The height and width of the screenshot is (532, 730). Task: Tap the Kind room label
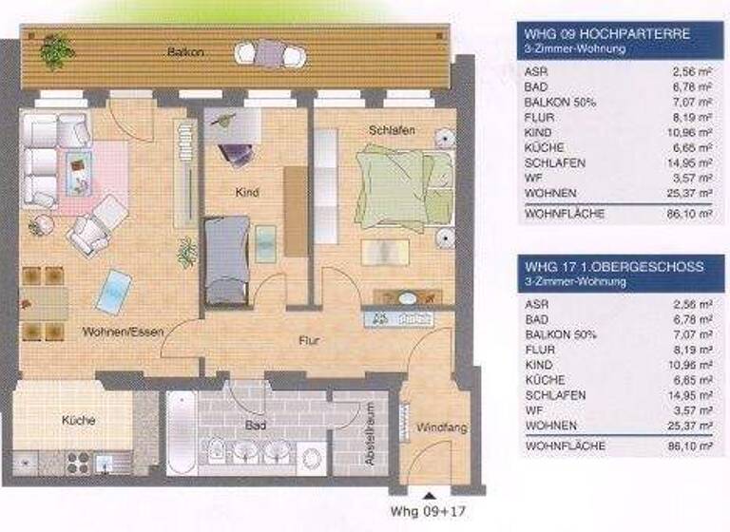click(x=247, y=193)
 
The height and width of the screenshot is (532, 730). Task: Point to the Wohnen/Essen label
click(x=123, y=332)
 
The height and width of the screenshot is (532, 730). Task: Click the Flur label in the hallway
click(x=308, y=339)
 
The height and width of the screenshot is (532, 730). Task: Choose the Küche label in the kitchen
click(x=79, y=419)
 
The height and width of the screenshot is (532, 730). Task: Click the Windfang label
click(x=442, y=428)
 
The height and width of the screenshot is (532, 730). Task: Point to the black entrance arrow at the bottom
click(x=428, y=495)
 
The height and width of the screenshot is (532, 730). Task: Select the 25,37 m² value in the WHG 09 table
click(x=690, y=194)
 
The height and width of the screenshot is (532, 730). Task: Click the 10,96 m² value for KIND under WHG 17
click(x=690, y=364)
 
